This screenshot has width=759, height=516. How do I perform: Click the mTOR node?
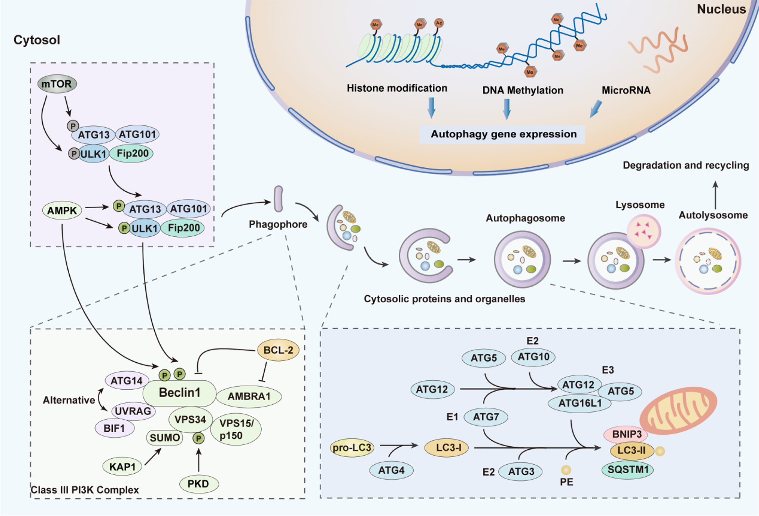point(57,84)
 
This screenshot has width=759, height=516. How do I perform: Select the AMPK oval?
point(62,211)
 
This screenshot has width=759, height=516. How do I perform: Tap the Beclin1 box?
point(179,392)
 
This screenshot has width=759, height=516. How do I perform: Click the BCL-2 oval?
point(278,350)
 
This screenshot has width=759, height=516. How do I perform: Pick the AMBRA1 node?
point(249,396)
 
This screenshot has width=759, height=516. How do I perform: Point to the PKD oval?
point(199,484)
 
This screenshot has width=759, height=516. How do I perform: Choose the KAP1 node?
point(122,467)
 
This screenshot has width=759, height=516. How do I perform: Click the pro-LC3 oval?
point(352,447)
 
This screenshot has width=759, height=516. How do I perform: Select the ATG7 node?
point(486,417)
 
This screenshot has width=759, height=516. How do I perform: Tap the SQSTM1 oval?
point(628,470)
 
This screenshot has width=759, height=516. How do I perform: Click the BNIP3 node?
point(626,434)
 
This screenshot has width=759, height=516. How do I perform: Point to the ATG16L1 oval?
point(580,403)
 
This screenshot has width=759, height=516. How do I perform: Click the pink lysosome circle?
point(644,231)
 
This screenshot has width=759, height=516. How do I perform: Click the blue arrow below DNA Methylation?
point(507,109)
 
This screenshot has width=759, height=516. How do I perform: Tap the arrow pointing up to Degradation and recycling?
point(715,194)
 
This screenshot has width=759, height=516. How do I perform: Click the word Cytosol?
point(37,40)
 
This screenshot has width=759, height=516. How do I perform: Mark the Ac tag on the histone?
point(439,23)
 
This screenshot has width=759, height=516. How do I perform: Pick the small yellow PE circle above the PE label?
point(566,469)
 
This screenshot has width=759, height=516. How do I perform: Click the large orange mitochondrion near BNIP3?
point(678,410)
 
